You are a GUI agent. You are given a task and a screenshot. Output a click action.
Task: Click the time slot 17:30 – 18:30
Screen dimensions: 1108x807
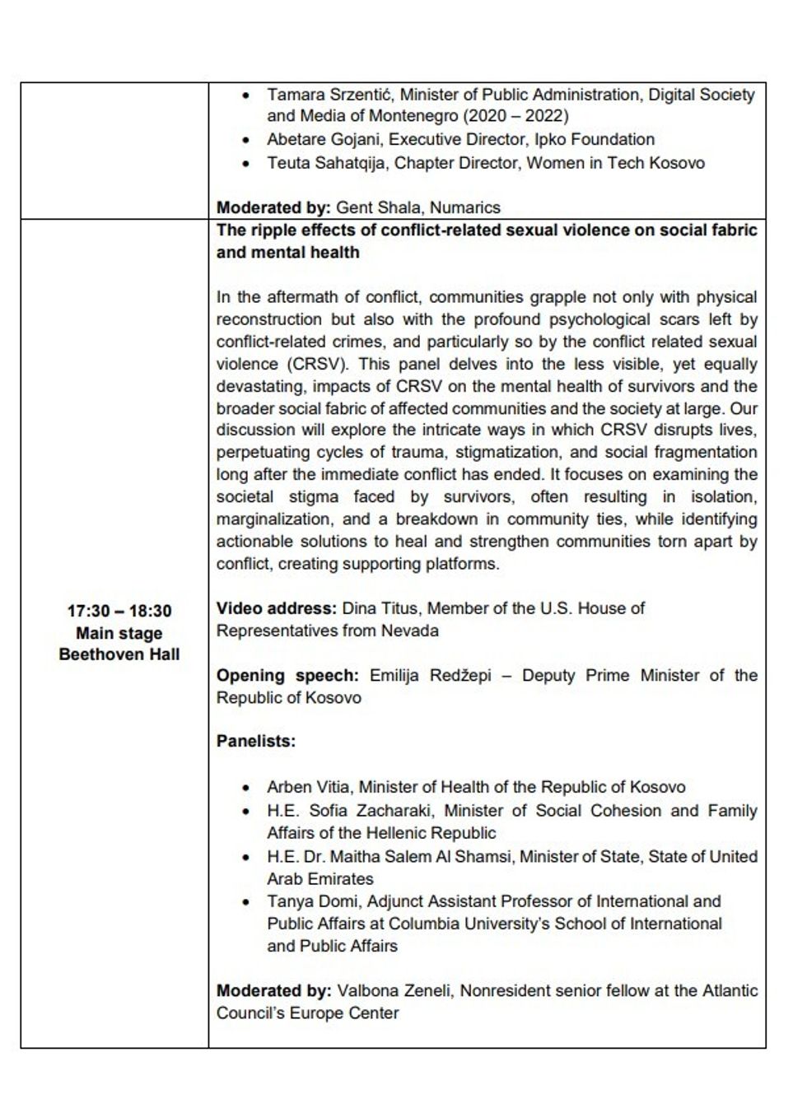[119, 612]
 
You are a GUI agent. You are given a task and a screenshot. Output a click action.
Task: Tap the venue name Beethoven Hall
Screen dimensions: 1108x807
[119, 655]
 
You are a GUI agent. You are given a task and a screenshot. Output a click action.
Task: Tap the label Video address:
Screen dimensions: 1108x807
[276, 608]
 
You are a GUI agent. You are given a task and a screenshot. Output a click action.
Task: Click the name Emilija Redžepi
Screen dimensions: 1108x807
[430, 676]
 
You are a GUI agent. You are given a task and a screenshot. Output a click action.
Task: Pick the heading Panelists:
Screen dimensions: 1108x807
[255, 741]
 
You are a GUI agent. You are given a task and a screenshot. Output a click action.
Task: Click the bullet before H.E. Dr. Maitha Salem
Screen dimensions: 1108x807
[246, 857]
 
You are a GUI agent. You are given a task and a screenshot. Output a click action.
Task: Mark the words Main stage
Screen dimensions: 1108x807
[119, 634]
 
